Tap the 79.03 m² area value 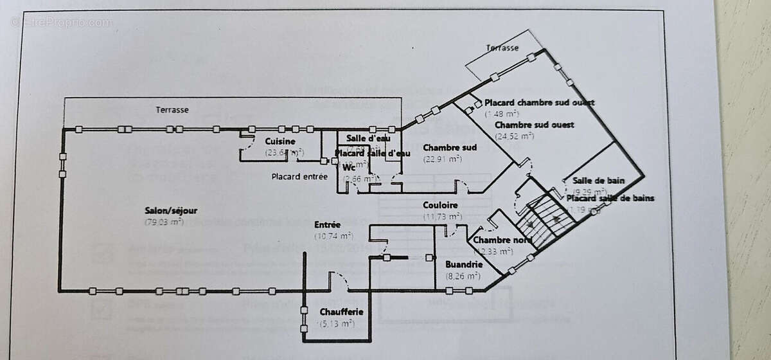[164, 222]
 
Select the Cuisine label [280, 141]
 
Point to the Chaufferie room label [342, 312]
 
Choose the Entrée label [327, 225]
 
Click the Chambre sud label [450, 148]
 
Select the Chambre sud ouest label [534, 125]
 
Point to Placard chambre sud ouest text [538, 103]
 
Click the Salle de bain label [585, 181]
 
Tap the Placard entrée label [299, 176]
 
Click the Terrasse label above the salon [172, 110]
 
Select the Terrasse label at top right [502, 48]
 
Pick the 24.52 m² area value [515, 136]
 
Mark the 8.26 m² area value [463, 276]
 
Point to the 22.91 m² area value [442, 159]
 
